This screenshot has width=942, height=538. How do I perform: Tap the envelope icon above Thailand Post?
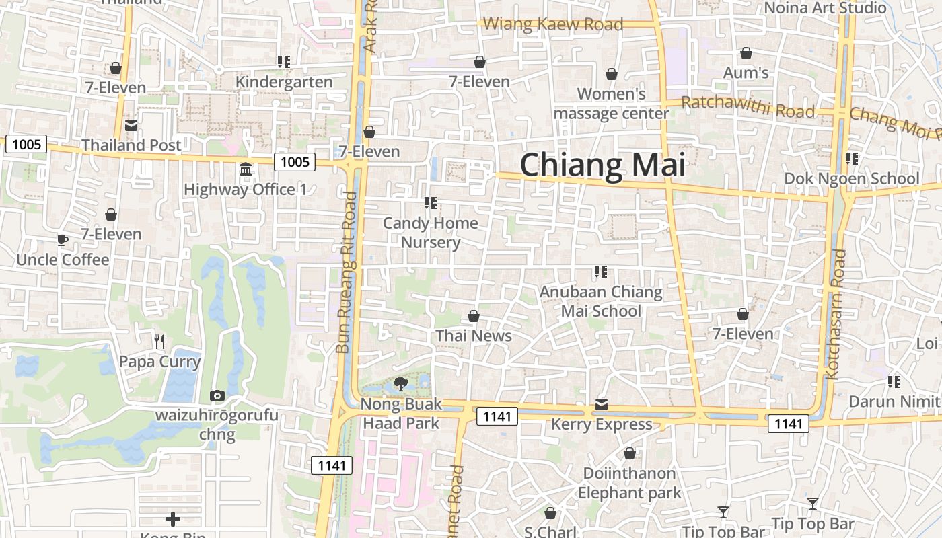pos(131,126)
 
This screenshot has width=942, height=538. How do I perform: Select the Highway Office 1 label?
pos(245,190)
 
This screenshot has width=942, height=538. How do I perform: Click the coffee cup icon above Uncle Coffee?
pos(63,240)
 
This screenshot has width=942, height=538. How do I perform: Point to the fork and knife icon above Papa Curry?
pos(159,342)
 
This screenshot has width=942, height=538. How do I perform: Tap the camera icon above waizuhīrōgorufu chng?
pos(217,395)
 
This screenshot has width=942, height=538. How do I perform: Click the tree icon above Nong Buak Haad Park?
pos(401,384)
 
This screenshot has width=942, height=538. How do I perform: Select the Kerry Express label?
pos(602,424)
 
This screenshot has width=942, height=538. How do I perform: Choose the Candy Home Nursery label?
pos(431,233)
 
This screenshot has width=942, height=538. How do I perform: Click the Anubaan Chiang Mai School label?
pos(601,301)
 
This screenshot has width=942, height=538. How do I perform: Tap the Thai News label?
pos(474,336)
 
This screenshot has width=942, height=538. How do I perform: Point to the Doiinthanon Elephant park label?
pos(629,483)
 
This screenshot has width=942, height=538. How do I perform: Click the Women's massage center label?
pos(611,104)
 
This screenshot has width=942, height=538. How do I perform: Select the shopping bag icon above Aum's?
pos(746,53)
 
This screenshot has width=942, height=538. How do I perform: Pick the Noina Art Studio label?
pos(826,8)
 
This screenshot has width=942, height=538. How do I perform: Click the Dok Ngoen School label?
pos(851,178)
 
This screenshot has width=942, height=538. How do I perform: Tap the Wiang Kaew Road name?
pos(553,24)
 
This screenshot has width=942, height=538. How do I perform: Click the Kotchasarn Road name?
pos(838,314)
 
